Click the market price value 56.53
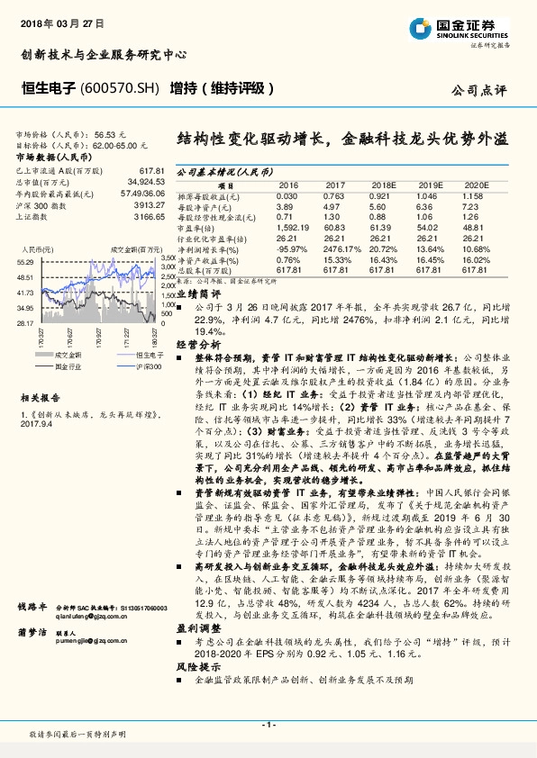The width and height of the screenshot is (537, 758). (106, 132)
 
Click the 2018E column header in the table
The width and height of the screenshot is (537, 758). (383, 184)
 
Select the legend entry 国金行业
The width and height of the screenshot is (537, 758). (68, 365)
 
